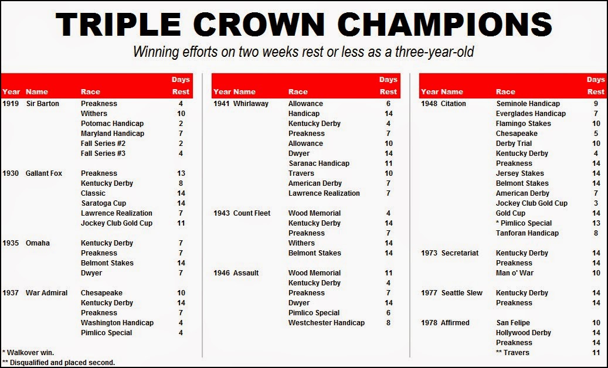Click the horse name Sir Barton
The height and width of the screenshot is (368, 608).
[x=43, y=104]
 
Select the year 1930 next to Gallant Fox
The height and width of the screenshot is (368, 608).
[x=11, y=173]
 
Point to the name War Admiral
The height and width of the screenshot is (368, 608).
[x=46, y=293]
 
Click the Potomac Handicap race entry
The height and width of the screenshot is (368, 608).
[x=112, y=124]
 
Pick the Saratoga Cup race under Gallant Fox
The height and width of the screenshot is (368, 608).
[x=104, y=203]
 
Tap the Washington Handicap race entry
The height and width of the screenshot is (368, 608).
[x=117, y=323]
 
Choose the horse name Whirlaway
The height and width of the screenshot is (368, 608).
[x=251, y=104]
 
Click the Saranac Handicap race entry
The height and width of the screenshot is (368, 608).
[x=319, y=163]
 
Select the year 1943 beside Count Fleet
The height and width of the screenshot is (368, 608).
[x=222, y=213]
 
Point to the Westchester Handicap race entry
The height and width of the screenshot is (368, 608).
[x=327, y=323]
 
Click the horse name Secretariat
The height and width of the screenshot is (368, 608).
[x=460, y=253]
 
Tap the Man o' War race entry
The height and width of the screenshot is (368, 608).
[x=515, y=273]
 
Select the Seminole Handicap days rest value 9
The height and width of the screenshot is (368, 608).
[x=596, y=104]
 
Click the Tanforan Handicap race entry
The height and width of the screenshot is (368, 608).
[x=527, y=233]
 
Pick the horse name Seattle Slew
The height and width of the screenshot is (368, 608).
[x=462, y=293]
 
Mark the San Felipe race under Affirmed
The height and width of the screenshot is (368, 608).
[x=513, y=323]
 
